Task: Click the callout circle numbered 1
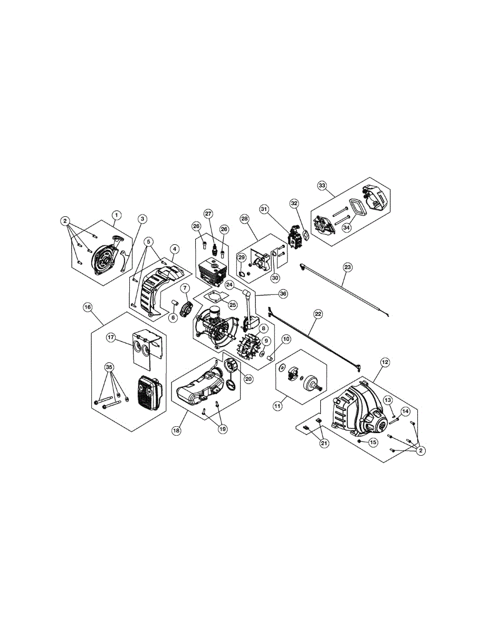pos(117,215)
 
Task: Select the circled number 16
pos(88,306)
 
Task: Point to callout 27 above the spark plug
pos(208,214)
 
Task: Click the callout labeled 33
pos(322,185)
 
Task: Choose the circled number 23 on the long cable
pos(347,267)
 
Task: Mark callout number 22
pos(318,313)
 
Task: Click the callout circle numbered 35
pos(109,367)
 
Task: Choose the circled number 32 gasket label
pos(294,203)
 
